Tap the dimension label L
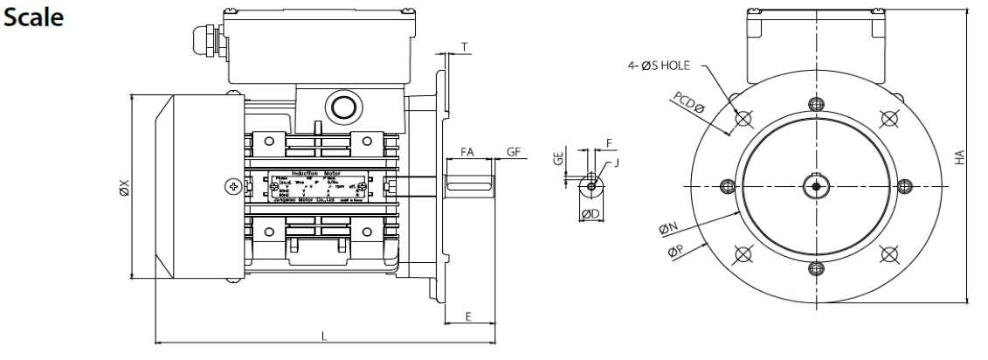(x=325, y=337)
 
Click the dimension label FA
(x=466, y=153)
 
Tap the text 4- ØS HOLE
(x=663, y=64)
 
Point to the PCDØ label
(x=688, y=107)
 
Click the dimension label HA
(x=958, y=157)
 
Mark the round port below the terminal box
(x=340, y=107)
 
